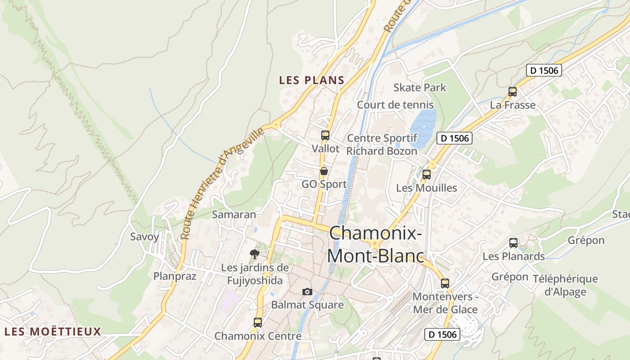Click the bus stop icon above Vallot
(x=325, y=135)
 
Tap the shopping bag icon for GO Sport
(x=324, y=171)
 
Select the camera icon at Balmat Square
(x=307, y=292)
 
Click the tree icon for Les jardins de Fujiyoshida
(x=254, y=254)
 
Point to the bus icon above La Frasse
(x=512, y=92)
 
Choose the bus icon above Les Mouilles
(x=426, y=175)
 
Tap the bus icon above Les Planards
(x=513, y=243)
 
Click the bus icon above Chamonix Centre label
(x=257, y=322)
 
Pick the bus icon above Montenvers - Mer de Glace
(x=445, y=283)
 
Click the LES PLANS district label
(x=311, y=81)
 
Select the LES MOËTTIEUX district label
(x=53, y=332)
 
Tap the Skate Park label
(x=419, y=87)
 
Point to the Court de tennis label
(x=395, y=105)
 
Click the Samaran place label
(x=234, y=214)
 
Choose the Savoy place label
(x=144, y=237)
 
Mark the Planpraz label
(x=175, y=276)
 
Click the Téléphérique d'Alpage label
(x=565, y=285)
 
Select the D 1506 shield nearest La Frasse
(x=544, y=70)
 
